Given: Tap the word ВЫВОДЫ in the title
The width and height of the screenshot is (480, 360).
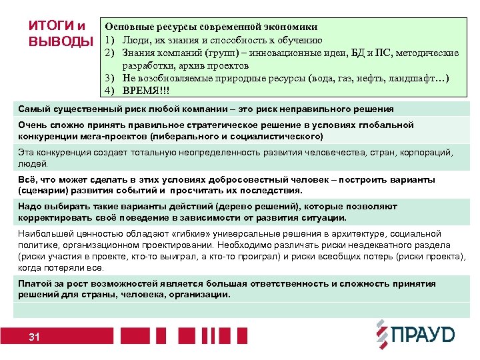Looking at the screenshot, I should pos(61,41).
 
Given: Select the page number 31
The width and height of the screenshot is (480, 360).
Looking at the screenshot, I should pos(35,337).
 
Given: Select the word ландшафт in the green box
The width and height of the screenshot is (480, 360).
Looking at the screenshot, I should pos(413,78).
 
